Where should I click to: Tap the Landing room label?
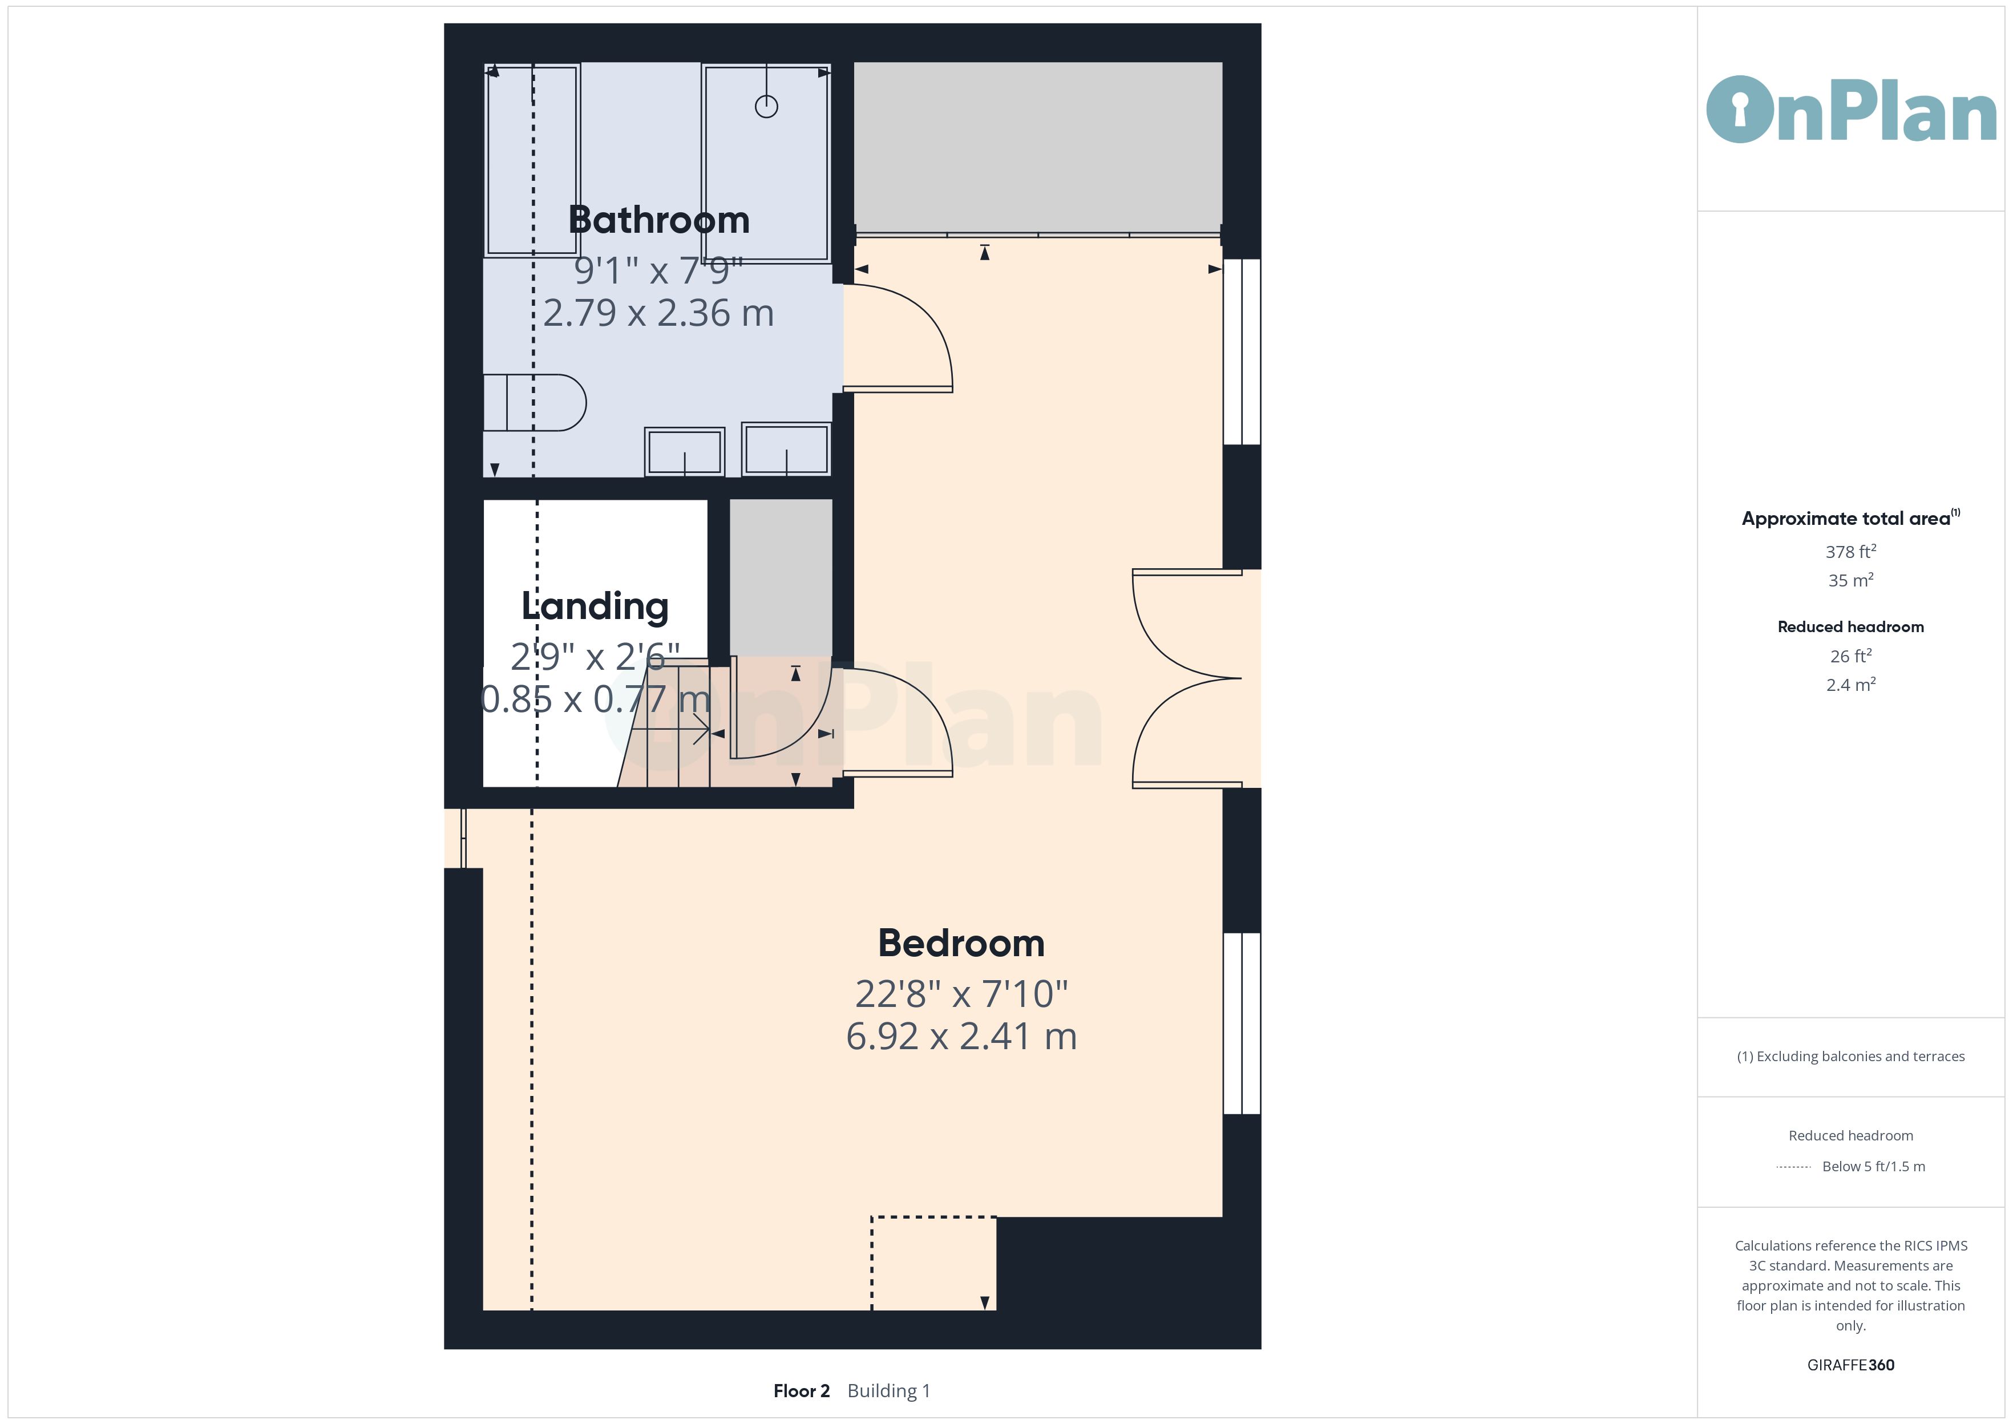(595, 606)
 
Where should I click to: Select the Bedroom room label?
(961, 944)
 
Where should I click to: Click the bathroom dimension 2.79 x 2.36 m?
(658, 313)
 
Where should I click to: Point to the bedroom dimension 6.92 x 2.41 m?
(961, 1037)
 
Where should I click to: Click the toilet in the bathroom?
(534, 402)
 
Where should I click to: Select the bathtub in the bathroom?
(531, 160)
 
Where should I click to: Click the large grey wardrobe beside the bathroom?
(1038, 147)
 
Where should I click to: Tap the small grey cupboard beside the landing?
(781, 577)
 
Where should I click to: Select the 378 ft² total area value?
(1851, 552)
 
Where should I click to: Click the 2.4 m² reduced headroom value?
(1851, 685)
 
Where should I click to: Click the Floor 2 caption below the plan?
(801, 1391)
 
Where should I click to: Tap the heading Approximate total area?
(1846, 518)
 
